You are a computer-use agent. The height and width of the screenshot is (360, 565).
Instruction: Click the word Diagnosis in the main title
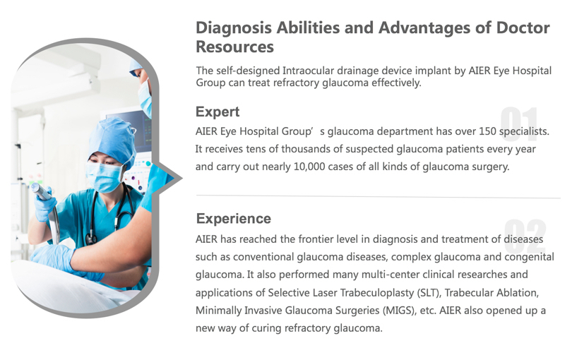coord(234,28)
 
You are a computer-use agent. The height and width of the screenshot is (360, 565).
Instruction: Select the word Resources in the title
coord(235,47)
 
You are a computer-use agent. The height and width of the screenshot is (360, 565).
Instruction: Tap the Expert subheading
coord(218,112)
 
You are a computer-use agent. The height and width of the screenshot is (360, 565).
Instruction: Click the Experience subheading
coord(234,219)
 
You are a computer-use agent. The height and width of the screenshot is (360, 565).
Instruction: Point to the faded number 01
coord(519,124)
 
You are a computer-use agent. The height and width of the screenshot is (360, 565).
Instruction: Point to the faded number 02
coord(525,236)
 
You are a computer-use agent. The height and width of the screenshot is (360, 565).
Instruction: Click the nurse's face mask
coord(104,177)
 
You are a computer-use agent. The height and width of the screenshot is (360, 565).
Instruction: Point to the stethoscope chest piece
coord(90,239)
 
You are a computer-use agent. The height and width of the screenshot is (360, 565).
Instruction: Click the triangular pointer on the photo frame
coord(169,178)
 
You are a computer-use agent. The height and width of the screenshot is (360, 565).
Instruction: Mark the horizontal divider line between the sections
coord(379,196)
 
